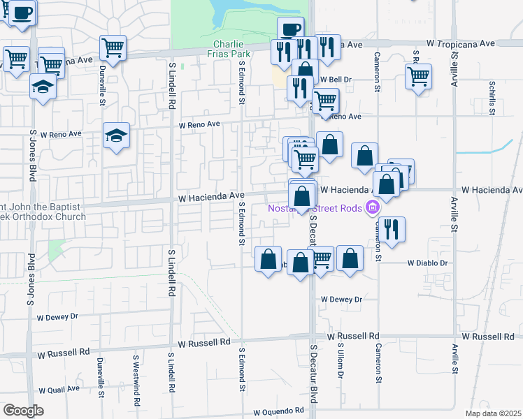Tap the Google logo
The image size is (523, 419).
(23, 411)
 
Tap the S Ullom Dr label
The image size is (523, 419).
(341, 360)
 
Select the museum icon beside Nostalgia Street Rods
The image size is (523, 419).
(373, 207)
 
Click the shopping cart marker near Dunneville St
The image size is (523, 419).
(113, 47)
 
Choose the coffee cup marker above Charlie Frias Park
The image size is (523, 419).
(290, 29)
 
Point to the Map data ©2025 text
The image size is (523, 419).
(494, 413)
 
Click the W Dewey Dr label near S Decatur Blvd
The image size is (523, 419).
(341, 299)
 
